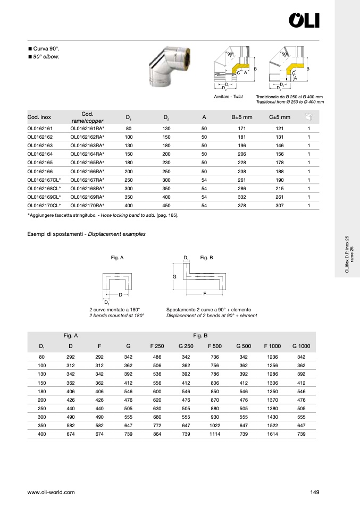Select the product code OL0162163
[40, 145]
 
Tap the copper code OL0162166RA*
[87, 171]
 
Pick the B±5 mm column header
[241, 117]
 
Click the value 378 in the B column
[241, 205]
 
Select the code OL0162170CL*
[44, 205]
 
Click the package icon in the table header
[308, 117]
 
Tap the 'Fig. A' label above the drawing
[117, 258]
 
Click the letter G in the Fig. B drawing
[174, 277]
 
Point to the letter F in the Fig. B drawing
[204, 293]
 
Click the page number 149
[314, 493]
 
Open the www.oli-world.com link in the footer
[51, 493]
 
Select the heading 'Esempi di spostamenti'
[56, 234]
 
